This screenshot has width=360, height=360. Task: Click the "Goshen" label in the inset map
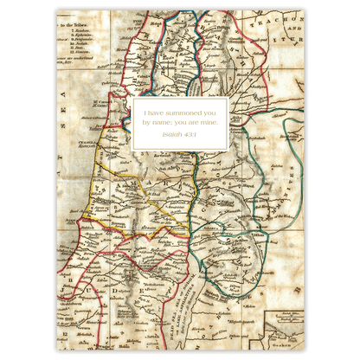pos(286,342)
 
